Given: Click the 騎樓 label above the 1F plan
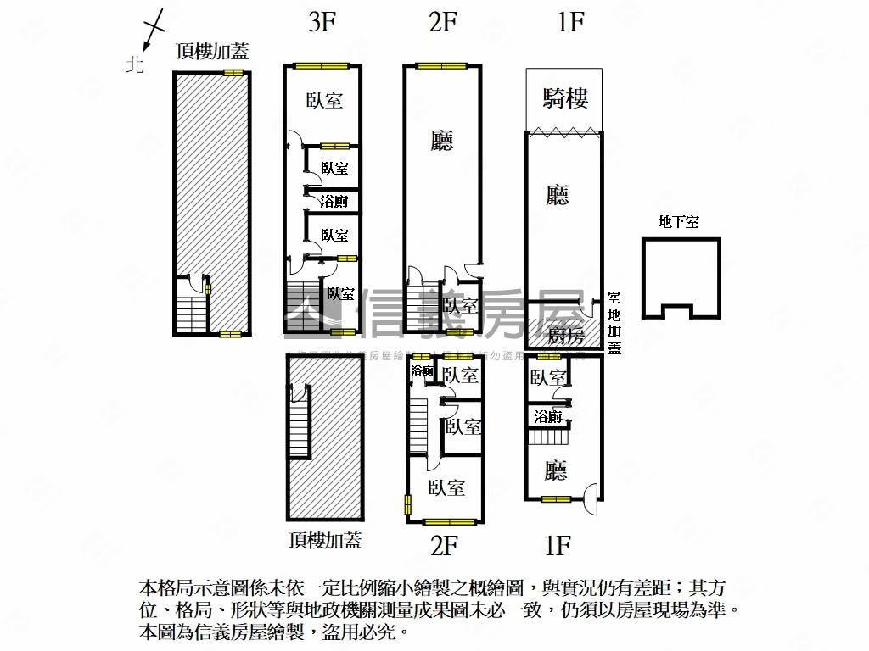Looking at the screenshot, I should point(565,99).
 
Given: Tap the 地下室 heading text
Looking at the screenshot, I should point(679,222).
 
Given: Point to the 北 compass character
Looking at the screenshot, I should point(135,64).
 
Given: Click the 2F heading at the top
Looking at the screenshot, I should point(442,22).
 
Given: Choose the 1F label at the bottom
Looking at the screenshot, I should point(557,544).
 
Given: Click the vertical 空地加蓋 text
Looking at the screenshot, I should point(614,324).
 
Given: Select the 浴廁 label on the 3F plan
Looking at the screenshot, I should point(334,201).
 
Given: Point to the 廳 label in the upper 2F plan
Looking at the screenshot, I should point(441,141).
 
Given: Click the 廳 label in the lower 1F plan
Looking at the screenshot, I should point(556,470).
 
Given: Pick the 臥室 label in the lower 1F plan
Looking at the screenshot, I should point(548,377).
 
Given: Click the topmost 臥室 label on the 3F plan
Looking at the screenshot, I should point(324,100).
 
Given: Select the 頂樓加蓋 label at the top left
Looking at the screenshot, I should point(212,51).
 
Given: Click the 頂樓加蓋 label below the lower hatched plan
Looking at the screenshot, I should point(325,539).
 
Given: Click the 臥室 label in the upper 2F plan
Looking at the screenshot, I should point(461,305).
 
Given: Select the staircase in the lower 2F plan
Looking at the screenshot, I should point(417,424).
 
